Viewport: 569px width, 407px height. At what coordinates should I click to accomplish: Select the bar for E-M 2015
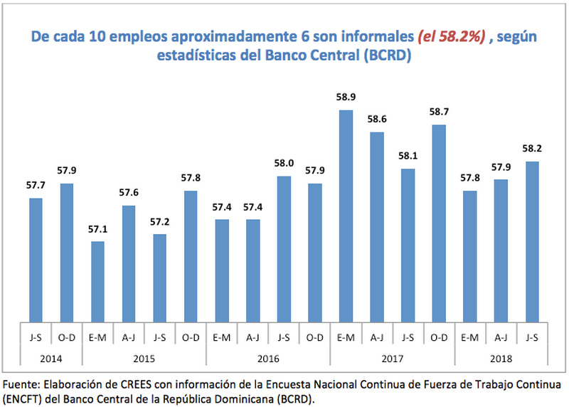tap(97, 282)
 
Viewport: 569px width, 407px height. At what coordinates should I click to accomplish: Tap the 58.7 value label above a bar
tap(438, 112)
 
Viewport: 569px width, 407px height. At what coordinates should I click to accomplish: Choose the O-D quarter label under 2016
tap(314, 337)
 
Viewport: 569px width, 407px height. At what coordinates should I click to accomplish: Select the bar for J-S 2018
tap(531, 242)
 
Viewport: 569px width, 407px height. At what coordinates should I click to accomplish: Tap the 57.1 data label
tap(97, 229)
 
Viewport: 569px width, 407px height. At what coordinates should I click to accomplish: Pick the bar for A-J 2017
tap(376, 227)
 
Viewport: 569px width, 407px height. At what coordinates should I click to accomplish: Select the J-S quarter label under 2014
tap(36, 337)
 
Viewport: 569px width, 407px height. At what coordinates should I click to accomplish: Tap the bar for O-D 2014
tap(66, 253)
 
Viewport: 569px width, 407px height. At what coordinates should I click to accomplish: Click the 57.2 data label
tap(159, 221)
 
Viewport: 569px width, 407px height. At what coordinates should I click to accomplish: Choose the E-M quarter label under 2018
tap(469, 337)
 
